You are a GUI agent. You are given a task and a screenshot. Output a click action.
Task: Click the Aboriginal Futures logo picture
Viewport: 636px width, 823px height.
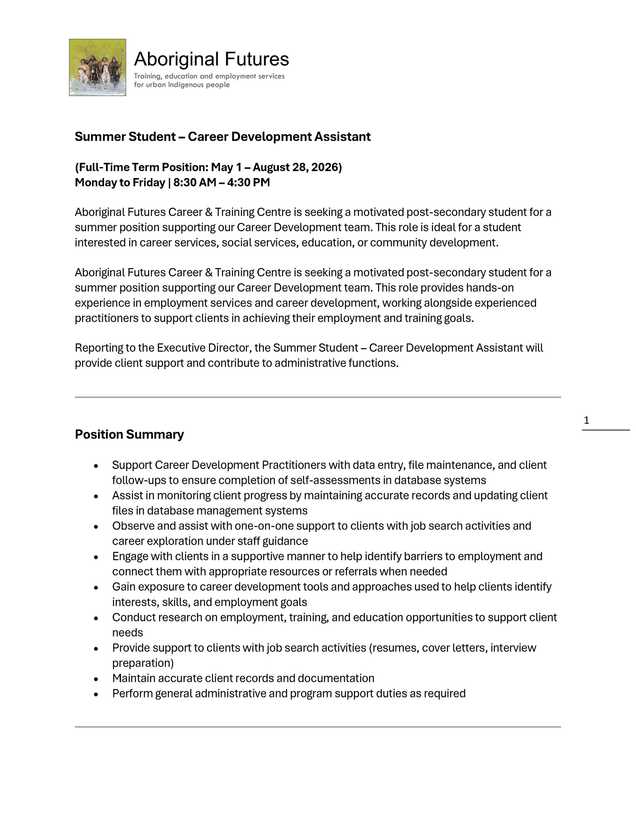point(97,68)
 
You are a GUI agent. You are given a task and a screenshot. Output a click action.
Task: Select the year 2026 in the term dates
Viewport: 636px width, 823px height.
point(325,167)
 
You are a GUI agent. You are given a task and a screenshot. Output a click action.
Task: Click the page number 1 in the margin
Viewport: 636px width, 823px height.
point(586,420)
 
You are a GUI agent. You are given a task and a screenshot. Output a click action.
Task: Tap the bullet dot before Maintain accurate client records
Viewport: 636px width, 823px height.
point(96,679)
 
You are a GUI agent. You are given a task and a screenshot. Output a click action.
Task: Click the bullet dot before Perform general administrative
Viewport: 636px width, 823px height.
point(96,694)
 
